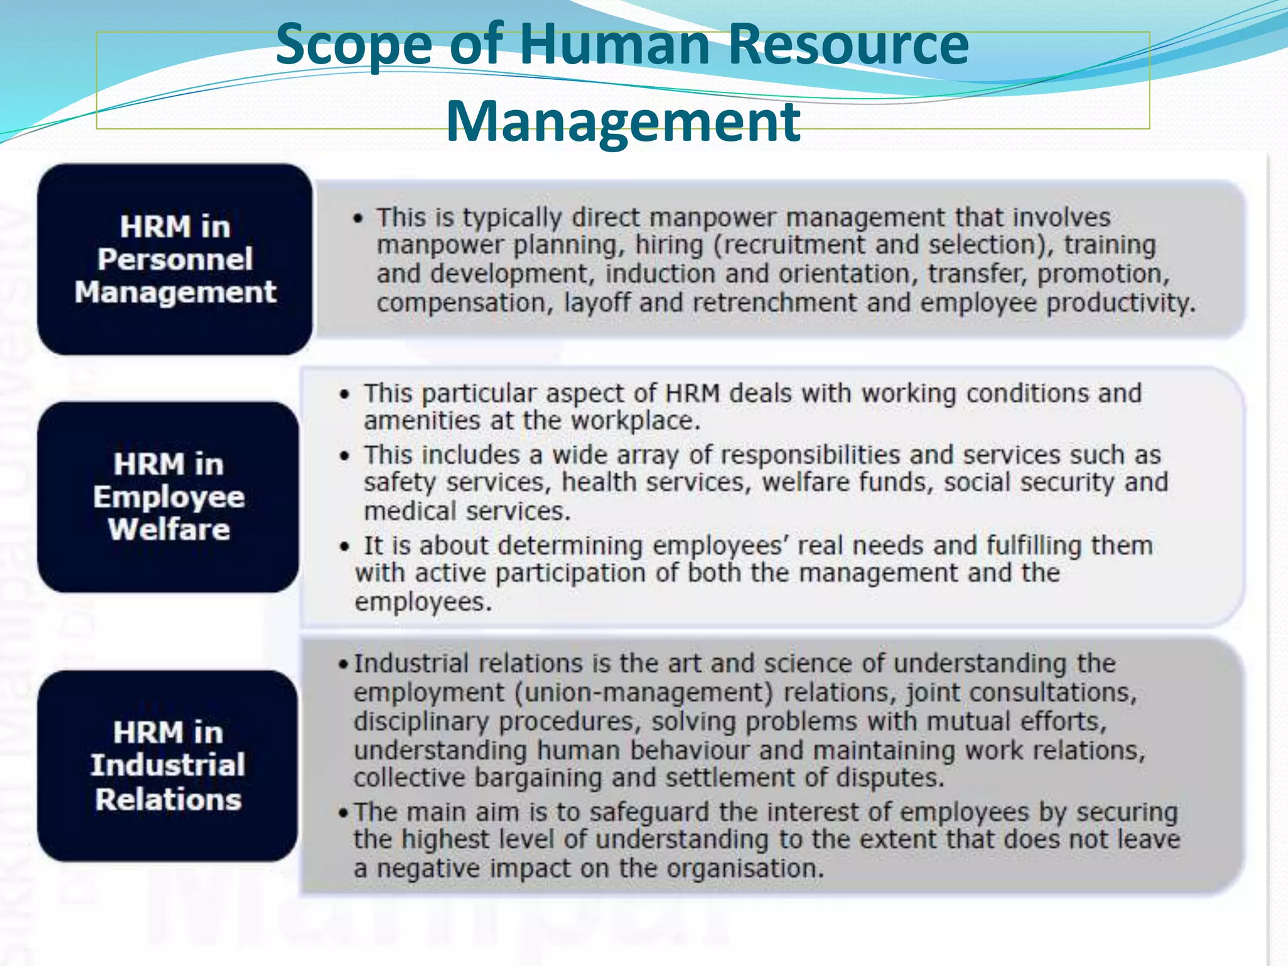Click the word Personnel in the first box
(175, 259)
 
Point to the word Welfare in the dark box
(169, 529)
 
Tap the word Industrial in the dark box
(168, 765)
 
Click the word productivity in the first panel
(1121, 303)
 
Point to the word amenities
(422, 421)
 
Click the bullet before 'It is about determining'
(344, 547)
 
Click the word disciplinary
(421, 721)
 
